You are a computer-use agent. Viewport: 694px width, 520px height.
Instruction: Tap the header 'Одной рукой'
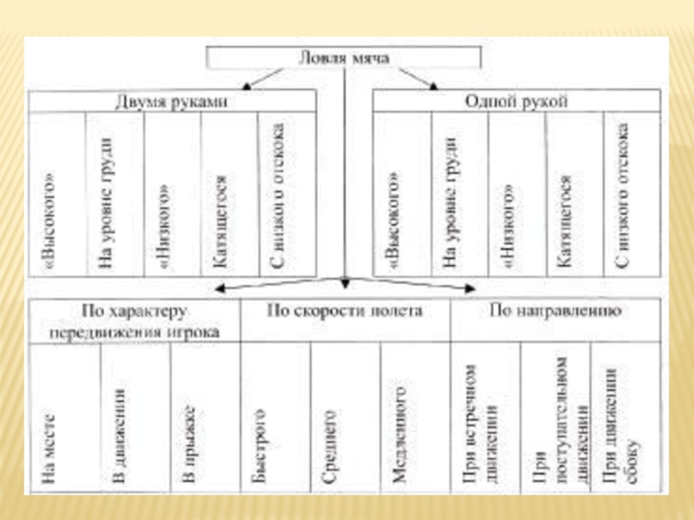coord(515,101)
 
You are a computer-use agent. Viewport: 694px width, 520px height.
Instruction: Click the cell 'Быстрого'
coord(258,442)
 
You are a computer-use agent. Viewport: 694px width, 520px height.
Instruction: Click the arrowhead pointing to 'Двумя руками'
coord(246,86)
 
